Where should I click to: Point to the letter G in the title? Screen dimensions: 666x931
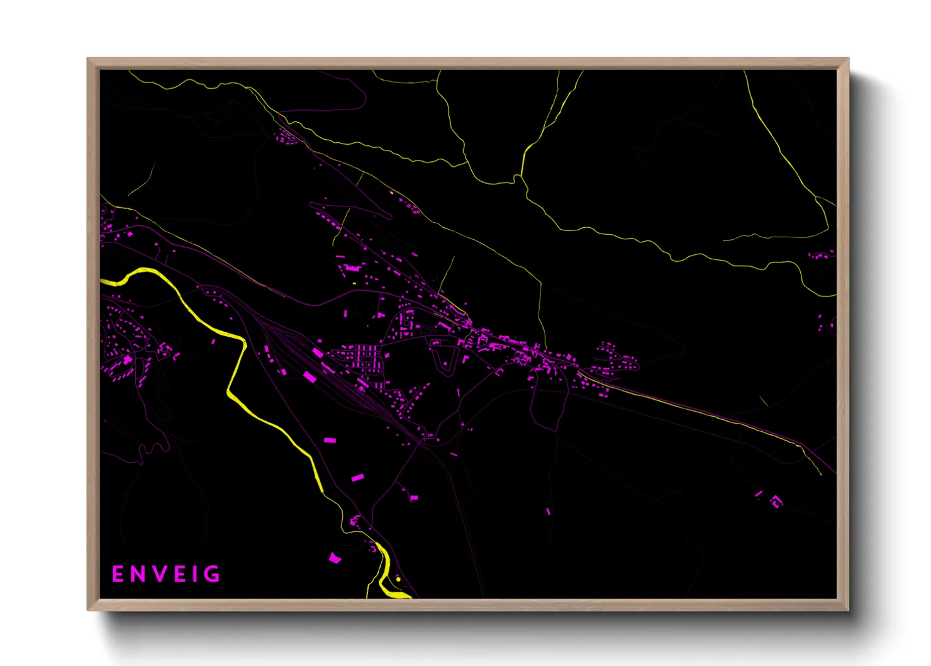[x=213, y=574]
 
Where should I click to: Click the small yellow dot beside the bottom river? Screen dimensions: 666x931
[x=398, y=579]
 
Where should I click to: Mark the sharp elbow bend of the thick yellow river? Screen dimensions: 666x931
[x=243, y=343]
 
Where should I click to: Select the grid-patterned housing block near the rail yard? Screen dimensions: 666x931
[x=364, y=358]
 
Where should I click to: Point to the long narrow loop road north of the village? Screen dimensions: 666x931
[x=350, y=209]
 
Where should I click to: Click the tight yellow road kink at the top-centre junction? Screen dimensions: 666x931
[x=518, y=180]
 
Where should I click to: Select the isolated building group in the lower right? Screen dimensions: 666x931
[x=771, y=500]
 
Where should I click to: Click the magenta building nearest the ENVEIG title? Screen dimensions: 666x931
[x=335, y=558]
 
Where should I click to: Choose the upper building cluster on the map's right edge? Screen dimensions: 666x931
[x=820, y=255]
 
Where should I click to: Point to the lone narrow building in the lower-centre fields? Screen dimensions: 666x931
[x=548, y=511]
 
